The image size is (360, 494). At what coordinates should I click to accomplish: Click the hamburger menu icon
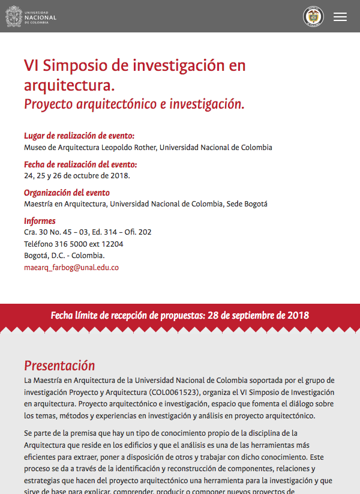click(x=340, y=17)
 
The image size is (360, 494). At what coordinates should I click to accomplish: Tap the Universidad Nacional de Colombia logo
click(x=31, y=16)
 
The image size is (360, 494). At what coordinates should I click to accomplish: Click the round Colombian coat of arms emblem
click(x=313, y=17)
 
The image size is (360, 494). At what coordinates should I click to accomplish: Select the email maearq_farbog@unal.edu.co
click(x=71, y=268)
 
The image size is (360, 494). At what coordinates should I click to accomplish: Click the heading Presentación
click(x=59, y=366)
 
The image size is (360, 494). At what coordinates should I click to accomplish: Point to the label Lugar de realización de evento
click(x=79, y=136)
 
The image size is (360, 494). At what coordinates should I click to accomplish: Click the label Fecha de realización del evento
click(x=80, y=164)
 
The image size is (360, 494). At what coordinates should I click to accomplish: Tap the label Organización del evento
click(x=67, y=193)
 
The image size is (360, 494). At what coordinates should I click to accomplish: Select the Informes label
click(x=40, y=221)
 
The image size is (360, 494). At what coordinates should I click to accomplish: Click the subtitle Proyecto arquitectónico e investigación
click(x=134, y=104)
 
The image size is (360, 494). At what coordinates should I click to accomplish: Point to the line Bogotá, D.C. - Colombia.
click(x=64, y=256)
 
